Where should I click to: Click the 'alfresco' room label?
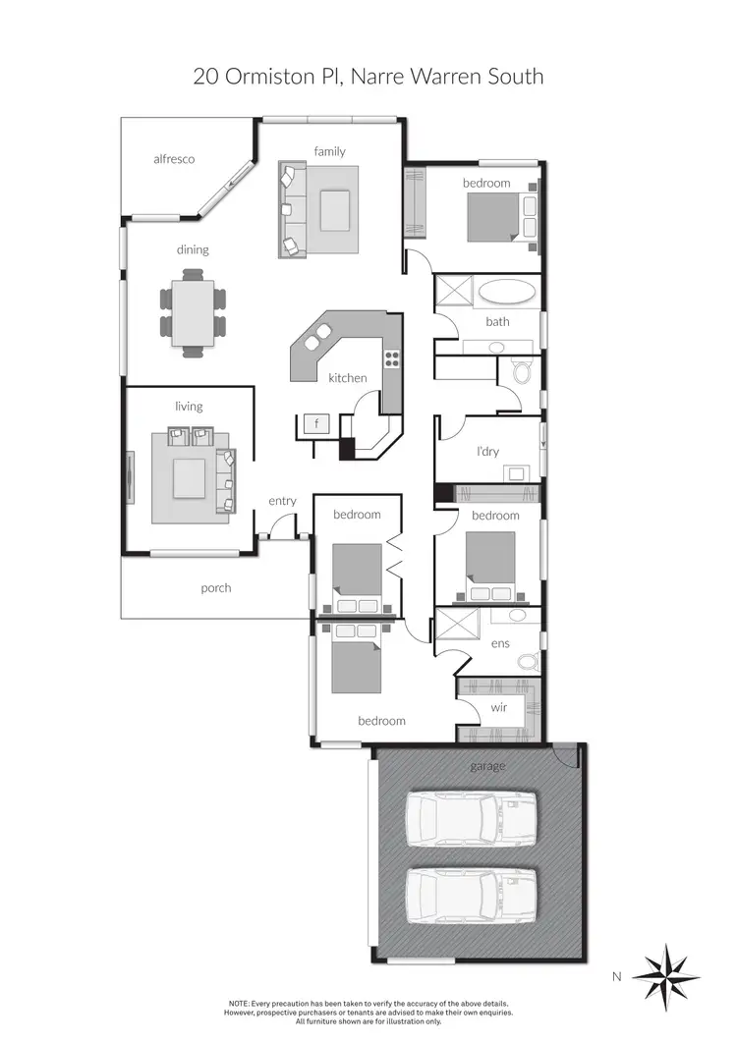click(174, 158)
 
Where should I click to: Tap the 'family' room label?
click(329, 150)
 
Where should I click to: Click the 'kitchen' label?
click(347, 377)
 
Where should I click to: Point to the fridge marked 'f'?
click(316, 424)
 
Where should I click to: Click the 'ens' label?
click(499, 644)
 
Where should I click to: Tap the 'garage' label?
click(487, 766)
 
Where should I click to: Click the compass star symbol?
click(666, 977)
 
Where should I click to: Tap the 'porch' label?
click(216, 587)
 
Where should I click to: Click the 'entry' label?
click(282, 501)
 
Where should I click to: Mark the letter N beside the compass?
click(617, 976)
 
